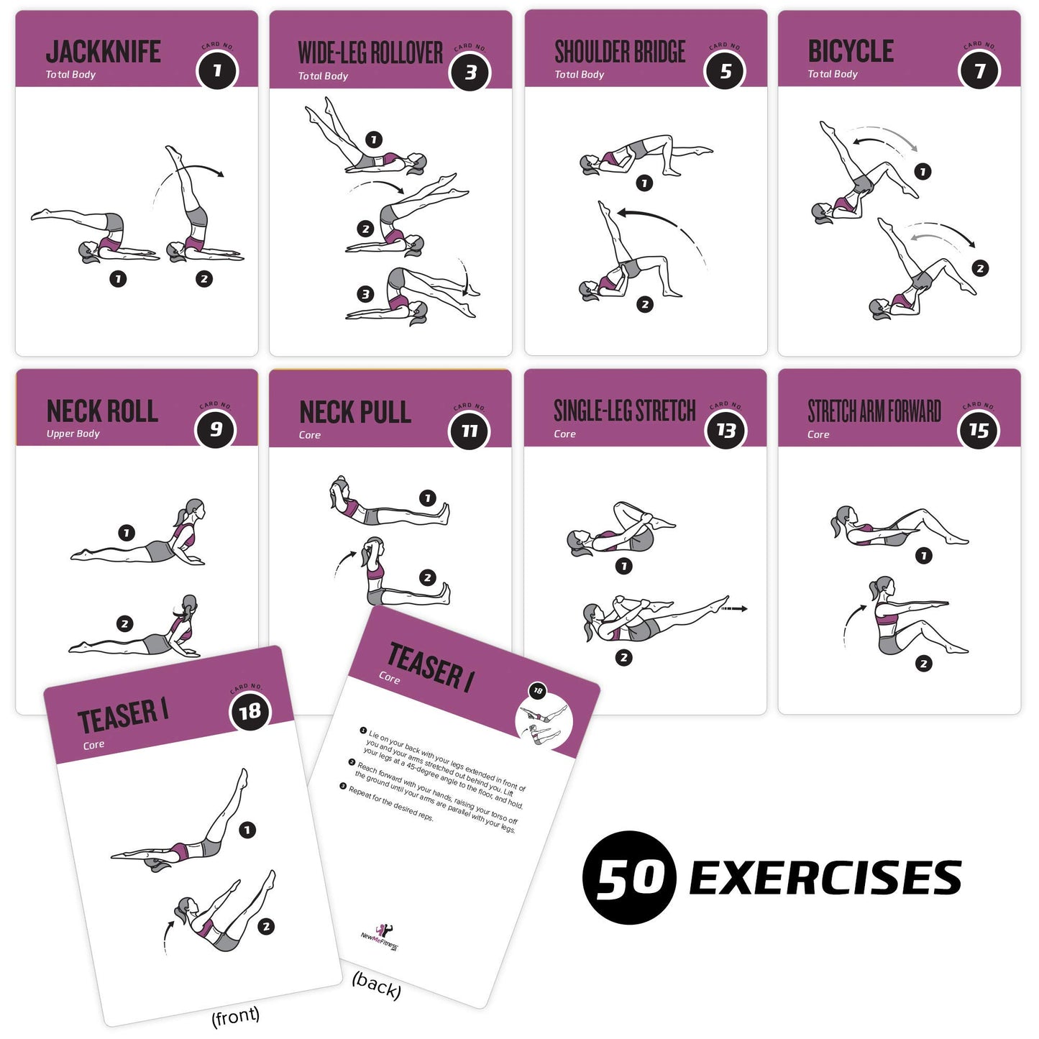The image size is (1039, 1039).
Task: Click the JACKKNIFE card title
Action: pyautogui.click(x=103, y=52)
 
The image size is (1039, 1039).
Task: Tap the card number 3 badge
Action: pyautogui.click(x=470, y=72)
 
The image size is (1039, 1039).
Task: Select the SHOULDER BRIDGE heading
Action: pyautogui.click(x=620, y=52)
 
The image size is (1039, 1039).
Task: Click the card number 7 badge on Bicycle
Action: pyautogui.click(x=979, y=70)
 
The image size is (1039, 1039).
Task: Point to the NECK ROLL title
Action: pyautogui.click(x=102, y=411)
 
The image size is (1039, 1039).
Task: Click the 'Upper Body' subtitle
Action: pyautogui.click(x=73, y=434)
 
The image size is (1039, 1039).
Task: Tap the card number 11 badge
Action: pyautogui.click(x=470, y=431)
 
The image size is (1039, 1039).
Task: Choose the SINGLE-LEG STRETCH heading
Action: pyautogui.click(x=624, y=411)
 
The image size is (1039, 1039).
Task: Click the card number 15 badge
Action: pyautogui.click(x=979, y=430)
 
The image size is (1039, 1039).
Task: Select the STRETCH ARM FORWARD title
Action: pyautogui.click(x=874, y=411)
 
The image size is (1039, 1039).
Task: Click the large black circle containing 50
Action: pyautogui.click(x=629, y=877)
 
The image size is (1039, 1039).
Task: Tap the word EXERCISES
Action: pyautogui.click(x=825, y=877)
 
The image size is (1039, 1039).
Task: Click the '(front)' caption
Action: pyautogui.click(x=235, y=1016)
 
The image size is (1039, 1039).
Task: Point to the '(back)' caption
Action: pyautogui.click(x=376, y=985)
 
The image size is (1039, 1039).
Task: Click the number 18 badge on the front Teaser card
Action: pyautogui.click(x=250, y=712)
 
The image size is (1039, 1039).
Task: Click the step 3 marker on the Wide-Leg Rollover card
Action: pyautogui.click(x=366, y=293)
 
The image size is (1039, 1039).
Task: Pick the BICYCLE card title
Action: pyautogui.click(x=851, y=51)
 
